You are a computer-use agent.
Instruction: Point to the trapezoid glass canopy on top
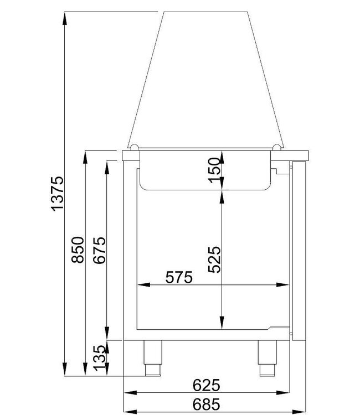click(206, 77)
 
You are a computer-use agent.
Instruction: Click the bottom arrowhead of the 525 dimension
click(222, 327)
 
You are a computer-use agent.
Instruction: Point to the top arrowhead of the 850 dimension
click(86, 157)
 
